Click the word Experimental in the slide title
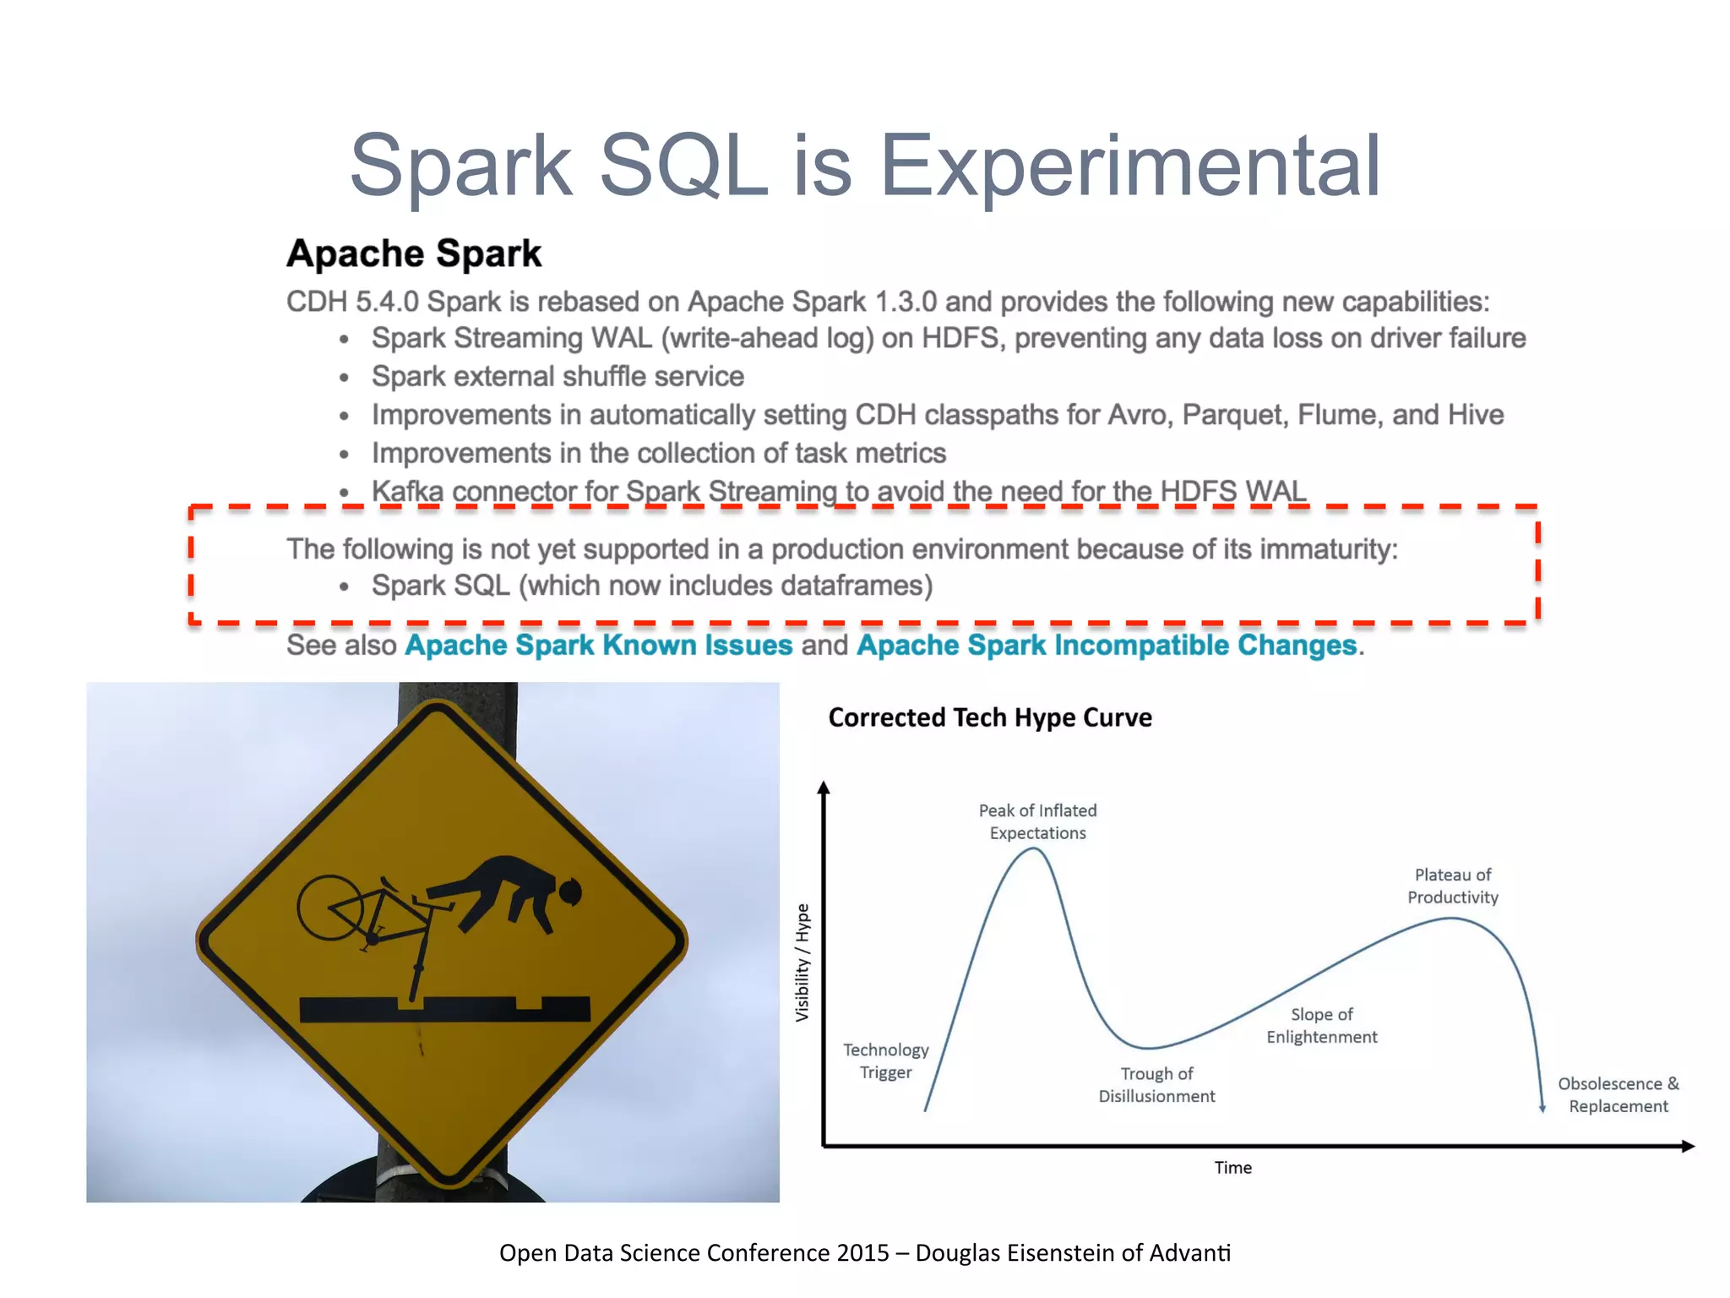(x=1129, y=166)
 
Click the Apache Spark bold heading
(x=413, y=254)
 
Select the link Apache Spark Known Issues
(x=598, y=646)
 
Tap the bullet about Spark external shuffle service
(x=558, y=377)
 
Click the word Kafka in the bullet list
(x=407, y=491)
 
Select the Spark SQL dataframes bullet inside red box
(x=651, y=586)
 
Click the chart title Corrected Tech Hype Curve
(x=989, y=717)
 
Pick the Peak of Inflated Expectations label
(x=1037, y=821)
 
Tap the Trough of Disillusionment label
(x=1156, y=1085)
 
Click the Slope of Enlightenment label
(x=1321, y=1025)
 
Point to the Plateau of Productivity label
(x=1452, y=886)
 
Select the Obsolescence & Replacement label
(x=1618, y=1094)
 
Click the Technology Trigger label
(x=885, y=1061)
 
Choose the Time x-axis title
(x=1232, y=1168)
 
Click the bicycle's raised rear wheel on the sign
(x=330, y=908)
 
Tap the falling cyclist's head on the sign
(x=569, y=892)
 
